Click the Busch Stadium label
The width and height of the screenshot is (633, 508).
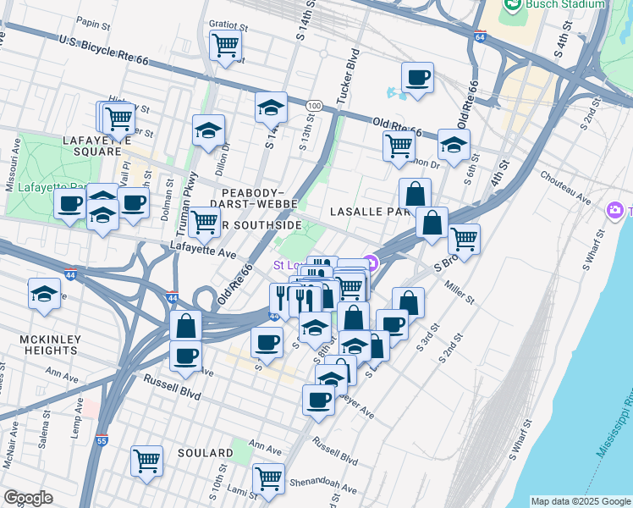565,4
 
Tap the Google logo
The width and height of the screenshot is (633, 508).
28,498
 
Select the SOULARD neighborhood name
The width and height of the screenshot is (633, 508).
205,453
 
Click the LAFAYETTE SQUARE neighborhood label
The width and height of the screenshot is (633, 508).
92,145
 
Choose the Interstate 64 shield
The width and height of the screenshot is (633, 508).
480,38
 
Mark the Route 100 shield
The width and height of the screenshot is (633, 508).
314,104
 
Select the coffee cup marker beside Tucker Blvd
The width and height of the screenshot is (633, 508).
417,78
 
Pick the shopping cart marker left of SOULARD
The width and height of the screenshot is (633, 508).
146,461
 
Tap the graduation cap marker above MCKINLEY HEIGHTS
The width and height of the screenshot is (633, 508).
44,295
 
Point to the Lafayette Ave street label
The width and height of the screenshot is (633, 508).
202,252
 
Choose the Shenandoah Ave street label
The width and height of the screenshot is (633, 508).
320,486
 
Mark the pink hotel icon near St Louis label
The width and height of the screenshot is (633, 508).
370,261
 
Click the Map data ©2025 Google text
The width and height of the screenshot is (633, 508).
580,501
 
